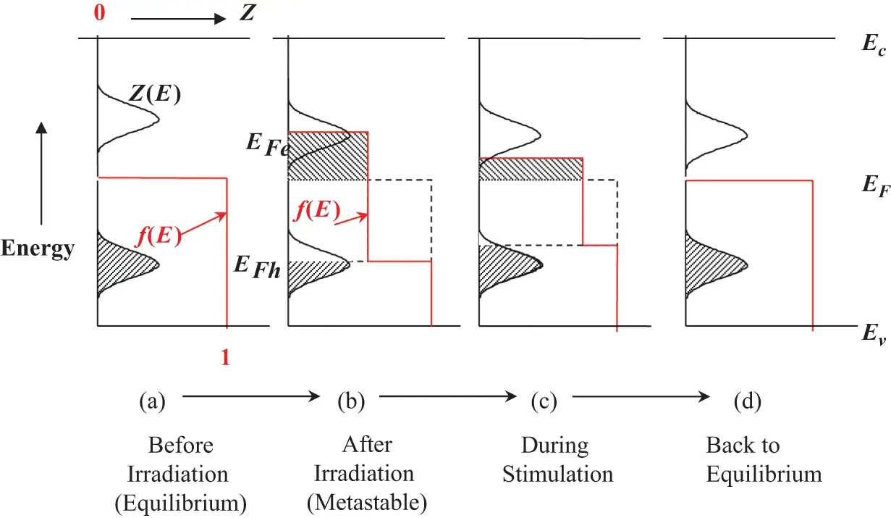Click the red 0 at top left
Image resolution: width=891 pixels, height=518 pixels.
click(100, 14)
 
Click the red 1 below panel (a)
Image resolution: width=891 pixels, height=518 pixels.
click(225, 358)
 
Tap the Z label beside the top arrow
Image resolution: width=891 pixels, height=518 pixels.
click(248, 14)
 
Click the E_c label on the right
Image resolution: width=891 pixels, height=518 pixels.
click(870, 43)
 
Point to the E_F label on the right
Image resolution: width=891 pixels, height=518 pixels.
click(871, 185)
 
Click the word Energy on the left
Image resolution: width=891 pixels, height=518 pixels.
click(38, 249)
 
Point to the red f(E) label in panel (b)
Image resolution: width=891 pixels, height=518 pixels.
click(316, 212)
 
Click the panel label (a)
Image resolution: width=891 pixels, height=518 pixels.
click(153, 400)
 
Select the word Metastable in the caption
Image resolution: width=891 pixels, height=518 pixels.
click(375, 501)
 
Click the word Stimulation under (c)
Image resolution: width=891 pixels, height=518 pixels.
click(558, 475)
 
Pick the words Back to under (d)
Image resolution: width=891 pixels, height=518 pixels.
click(743, 445)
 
